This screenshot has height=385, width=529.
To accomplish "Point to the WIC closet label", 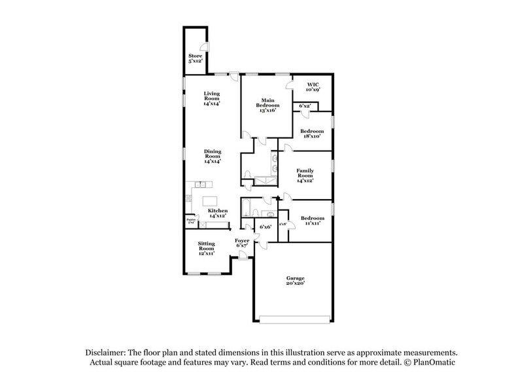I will coord(308,86).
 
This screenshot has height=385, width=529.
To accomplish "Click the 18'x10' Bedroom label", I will coord(312,134).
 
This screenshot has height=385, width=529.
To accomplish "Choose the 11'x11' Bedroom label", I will coord(312,221).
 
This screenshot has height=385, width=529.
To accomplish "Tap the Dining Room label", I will coord(213,156).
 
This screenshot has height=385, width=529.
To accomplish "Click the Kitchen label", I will coord(218,213).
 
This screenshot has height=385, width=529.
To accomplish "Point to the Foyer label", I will coord(243,242).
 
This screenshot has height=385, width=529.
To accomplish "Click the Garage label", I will coord(295,281).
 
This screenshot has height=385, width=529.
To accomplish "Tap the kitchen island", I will coord(211,200).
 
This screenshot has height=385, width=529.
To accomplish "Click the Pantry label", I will coord(191,221).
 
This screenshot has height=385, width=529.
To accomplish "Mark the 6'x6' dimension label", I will coord(265,227).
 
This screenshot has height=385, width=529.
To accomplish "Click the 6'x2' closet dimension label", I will coord(305,106).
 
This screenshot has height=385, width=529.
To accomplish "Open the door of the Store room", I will coord(204,47).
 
